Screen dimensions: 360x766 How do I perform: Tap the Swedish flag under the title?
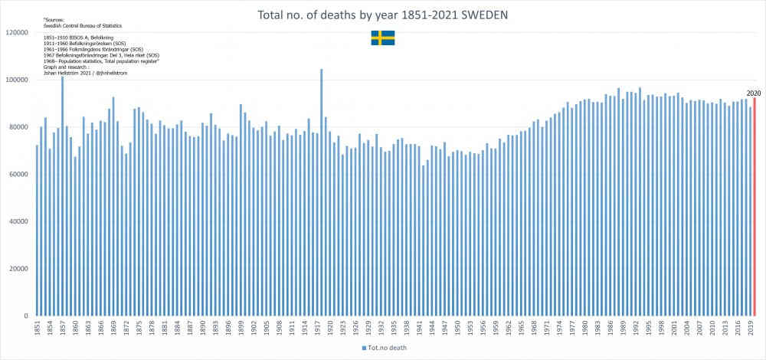click(383, 38)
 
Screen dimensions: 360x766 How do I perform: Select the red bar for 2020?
click(755, 207)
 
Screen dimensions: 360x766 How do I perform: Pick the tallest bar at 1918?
click(321, 191)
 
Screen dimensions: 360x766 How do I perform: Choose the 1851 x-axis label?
click(38, 329)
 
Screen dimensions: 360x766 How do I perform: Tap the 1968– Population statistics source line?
click(100, 61)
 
